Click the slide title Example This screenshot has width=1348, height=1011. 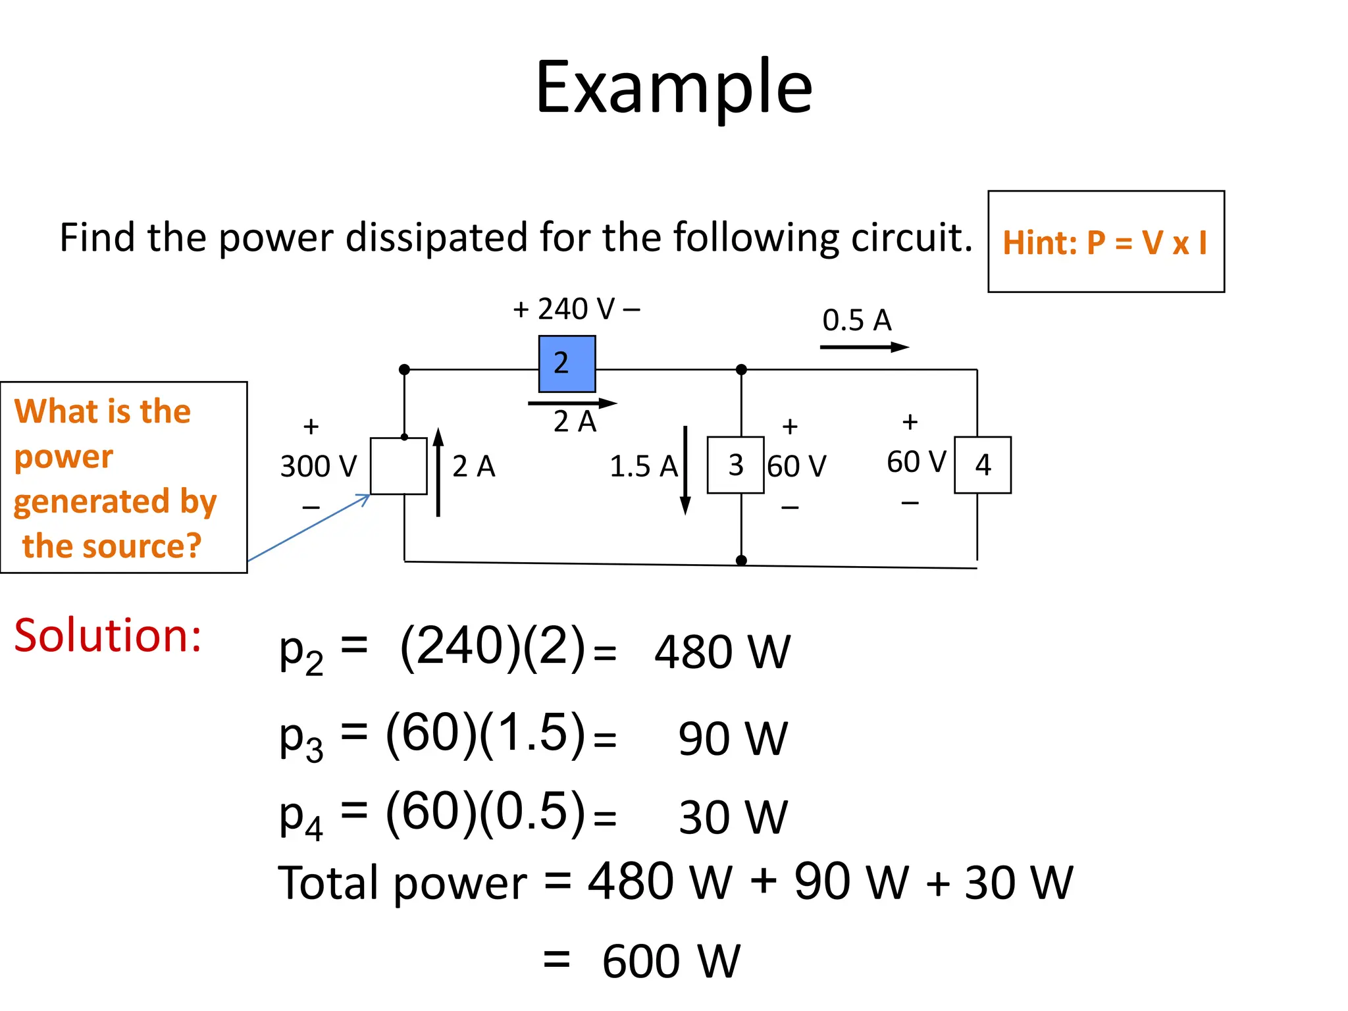(674, 87)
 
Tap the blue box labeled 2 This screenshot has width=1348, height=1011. (567, 364)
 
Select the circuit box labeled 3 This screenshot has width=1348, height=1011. (735, 465)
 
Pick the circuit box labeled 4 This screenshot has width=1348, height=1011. (983, 465)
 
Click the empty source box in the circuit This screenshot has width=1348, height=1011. (398, 466)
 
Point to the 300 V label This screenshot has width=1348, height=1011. (318, 467)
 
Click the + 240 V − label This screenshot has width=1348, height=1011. (577, 309)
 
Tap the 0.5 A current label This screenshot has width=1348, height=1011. (856, 321)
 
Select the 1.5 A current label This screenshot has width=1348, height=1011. (643, 467)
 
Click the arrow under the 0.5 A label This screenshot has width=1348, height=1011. (864, 347)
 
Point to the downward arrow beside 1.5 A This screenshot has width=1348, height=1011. (685, 471)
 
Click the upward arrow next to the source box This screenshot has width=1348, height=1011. (438, 471)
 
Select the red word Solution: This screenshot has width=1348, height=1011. (107, 636)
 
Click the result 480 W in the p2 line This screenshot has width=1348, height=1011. (722, 652)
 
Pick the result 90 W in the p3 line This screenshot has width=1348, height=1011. (733, 739)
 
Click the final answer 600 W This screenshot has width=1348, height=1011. (671, 962)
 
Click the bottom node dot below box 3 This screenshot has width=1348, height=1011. (741, 561)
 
